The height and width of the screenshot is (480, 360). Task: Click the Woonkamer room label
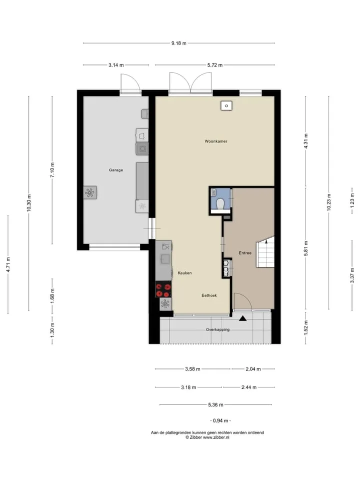click(216, 141)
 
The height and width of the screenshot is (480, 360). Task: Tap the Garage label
click(115, 170)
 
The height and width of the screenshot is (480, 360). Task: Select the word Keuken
click(184, 273)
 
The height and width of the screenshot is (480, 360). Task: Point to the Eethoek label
click(209, 295)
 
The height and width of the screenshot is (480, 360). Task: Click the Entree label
click(245, 253)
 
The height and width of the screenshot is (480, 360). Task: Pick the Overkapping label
click(217, 329)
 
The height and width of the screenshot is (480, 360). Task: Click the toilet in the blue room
click(220, 204)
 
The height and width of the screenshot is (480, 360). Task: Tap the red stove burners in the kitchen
click(163, 290)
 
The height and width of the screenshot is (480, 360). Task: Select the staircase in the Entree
click(265, 252)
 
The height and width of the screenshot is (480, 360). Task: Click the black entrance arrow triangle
click(243, 318)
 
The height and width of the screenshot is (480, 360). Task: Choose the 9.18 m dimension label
click(179, 43)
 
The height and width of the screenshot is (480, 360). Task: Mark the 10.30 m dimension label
click(29, 203)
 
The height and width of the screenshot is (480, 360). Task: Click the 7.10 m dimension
click(52, 170)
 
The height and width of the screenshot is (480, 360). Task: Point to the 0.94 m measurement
click(220, 420)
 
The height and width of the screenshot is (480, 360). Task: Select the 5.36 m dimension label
click(215, 404)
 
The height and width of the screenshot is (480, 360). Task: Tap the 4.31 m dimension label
click(306, 141)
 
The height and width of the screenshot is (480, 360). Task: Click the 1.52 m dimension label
click(306, 328)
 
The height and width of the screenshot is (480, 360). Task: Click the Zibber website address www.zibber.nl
click(216, 437)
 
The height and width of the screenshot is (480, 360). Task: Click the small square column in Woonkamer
click(226, 105)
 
